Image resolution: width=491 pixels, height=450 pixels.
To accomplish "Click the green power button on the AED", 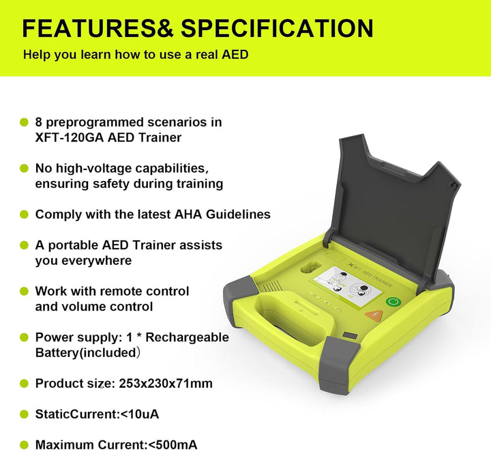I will [392, 302].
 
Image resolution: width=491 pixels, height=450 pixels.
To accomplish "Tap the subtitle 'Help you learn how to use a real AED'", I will [136, 55].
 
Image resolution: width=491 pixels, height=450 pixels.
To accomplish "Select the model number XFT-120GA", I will [70, 137].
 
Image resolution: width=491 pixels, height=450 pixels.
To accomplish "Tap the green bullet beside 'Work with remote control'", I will [24, 292].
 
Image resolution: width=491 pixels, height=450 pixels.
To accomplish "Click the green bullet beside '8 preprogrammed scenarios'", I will [24, 122].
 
